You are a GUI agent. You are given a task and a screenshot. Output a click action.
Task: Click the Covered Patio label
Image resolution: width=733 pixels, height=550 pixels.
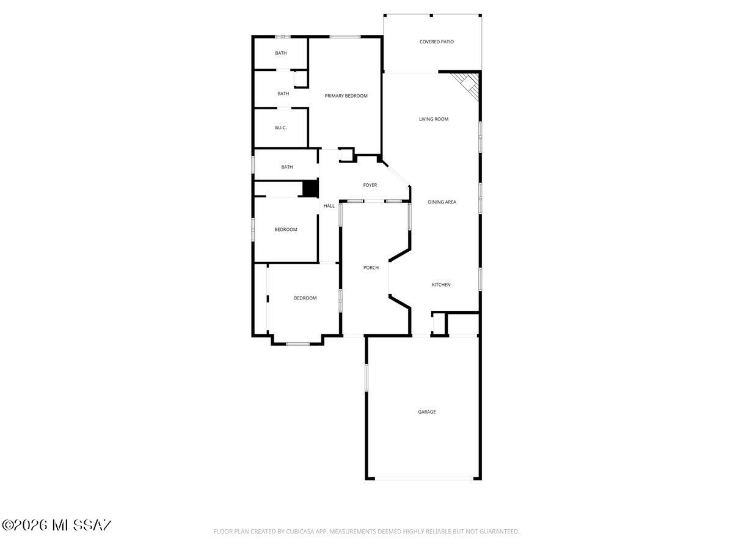[436, 42]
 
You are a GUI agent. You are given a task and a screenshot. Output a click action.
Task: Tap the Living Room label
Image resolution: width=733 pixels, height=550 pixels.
[434, 119]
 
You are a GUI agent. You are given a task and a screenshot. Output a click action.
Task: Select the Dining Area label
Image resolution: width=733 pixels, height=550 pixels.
[442, 202]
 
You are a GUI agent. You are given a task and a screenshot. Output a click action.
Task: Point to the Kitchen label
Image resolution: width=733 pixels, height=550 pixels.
[441, 285]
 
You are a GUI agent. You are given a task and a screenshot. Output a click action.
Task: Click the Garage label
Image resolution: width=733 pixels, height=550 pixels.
[426, 412]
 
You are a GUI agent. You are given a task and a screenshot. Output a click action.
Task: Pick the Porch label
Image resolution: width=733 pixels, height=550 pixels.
[371, 268]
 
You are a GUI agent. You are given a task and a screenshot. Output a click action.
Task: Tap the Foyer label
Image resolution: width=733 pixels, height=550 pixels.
[370, 185]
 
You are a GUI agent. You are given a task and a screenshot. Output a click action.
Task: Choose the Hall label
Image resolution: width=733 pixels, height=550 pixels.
[329, 206]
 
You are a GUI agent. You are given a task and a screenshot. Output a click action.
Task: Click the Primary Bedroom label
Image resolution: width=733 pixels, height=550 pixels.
[346, 96]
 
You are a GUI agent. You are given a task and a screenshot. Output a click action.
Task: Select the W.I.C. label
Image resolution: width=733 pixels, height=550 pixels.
[280, 128]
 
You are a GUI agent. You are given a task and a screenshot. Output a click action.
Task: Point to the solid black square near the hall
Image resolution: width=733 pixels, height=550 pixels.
[310, 188]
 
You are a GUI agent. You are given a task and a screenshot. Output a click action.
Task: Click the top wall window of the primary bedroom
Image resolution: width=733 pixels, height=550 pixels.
[345, 37]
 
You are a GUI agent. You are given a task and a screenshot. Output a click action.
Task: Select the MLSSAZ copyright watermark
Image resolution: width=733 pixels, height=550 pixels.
[56, 525]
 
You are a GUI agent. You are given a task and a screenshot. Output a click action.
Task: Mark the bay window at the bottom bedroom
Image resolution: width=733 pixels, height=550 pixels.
[297, 343]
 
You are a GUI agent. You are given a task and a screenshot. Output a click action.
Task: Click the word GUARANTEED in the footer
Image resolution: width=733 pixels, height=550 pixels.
[497, 532]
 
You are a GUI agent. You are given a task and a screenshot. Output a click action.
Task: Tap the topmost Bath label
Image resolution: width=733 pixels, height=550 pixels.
[280, 53]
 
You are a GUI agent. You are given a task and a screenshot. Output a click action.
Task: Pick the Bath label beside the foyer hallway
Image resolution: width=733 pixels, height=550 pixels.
[286, 167]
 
